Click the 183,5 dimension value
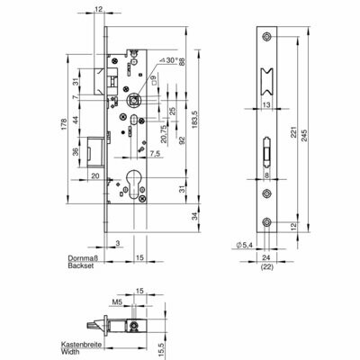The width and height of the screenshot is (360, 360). pyautogui.click(x=194, y=119)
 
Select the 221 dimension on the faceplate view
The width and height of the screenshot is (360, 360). pyautogui.click(x=294, y=132)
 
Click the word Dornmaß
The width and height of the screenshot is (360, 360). pyautogui.click(x=83, y=258)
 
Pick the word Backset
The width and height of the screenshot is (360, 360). pyautogui.click(x=81, y=265)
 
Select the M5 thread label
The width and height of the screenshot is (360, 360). pyautogui.click(x=117, y=303)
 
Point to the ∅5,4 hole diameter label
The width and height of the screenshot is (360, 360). pyautogui.click(x=245, y=246)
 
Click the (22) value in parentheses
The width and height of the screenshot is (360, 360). pyautogui.click(x=266, y=266)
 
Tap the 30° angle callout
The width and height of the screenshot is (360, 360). pyautogui.click(x=169, y=60)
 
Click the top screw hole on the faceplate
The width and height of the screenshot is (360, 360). pyautogui.click(x=266, y=37)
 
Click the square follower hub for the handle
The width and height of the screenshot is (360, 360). pyautogui.click(x=133, y=99)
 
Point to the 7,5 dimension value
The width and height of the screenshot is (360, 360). pyautogui.click(x=155, y=154)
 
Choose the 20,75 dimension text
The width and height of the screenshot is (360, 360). pyautogui.click(x=164, y=133)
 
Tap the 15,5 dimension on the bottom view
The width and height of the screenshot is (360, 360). pyautogui.click(x=161, y=350)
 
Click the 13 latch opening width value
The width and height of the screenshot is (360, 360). pyautogui.click(x=266, y=104)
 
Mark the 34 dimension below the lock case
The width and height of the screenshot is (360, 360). pyautogui.click(x=195, y=216)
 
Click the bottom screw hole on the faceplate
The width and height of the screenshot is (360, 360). pyautogui.click(x=266, y=222)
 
